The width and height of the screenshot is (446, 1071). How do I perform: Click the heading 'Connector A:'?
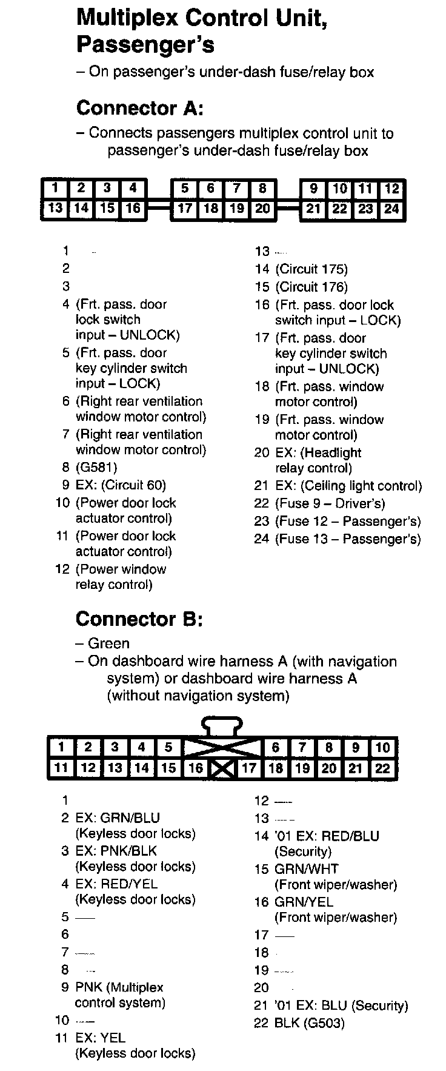139,109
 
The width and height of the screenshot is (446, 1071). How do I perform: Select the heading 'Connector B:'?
139,619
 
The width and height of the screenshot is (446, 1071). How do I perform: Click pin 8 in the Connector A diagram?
262,189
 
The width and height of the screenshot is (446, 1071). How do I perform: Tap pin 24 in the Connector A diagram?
392,209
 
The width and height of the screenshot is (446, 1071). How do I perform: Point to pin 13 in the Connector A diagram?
55,209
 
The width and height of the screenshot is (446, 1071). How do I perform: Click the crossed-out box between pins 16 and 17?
222,769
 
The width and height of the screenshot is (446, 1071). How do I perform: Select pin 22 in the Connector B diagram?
382,768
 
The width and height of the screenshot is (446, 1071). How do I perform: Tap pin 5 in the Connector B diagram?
168,748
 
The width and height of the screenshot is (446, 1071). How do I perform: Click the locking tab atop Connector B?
222,725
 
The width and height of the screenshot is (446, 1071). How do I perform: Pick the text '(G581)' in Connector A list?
96,468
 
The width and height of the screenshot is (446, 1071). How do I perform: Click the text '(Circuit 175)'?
311,269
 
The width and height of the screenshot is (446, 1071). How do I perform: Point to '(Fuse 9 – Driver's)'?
330,503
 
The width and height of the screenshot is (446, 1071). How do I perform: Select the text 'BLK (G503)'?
310,1024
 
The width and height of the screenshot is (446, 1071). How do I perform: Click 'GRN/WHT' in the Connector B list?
307,869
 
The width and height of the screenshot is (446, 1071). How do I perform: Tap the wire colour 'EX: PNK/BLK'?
116,851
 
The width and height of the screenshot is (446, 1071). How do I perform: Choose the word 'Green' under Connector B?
108,643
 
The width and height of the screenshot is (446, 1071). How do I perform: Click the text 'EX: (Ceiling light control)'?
348,486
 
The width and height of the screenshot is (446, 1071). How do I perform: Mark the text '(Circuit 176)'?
311,287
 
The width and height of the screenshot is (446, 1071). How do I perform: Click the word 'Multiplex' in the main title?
127,18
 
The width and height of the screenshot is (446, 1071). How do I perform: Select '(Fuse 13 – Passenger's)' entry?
348,539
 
